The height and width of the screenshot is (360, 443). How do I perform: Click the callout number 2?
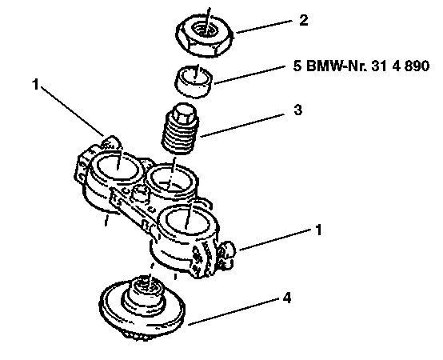click(303, 21)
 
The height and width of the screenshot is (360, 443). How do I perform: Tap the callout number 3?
click(297, 110)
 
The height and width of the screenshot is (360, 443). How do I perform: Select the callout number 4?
click(287, 298)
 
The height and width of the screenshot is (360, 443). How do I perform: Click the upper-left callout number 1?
click(35, 84)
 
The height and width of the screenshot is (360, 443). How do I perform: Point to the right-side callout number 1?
click(319, 230)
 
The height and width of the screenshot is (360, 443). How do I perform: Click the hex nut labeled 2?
click(205, 35)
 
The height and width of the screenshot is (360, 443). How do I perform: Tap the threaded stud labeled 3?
click(179, 129)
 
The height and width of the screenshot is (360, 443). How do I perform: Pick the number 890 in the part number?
click(417, 66)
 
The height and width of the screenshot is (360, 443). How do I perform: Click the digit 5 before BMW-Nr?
click(297, 66)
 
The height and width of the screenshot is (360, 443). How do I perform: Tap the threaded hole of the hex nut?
click(206, 28)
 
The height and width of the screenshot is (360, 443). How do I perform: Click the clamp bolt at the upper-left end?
click(110, 142)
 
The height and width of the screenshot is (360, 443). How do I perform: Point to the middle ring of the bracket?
click(172, 180)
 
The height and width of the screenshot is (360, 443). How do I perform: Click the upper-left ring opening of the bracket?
click(118, 166)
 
